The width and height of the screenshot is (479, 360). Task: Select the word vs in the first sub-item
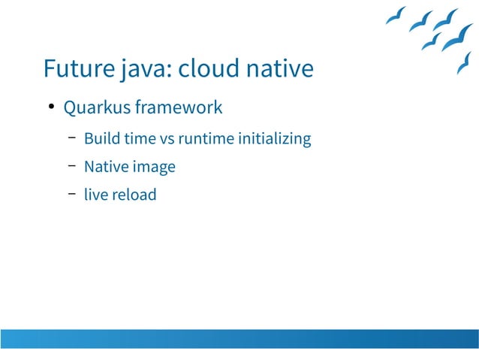click(166, 139)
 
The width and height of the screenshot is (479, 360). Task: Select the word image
click(155, 168)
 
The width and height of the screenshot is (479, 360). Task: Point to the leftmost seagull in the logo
click(396, 16)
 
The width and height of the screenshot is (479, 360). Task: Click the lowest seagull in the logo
click(463, 63)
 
